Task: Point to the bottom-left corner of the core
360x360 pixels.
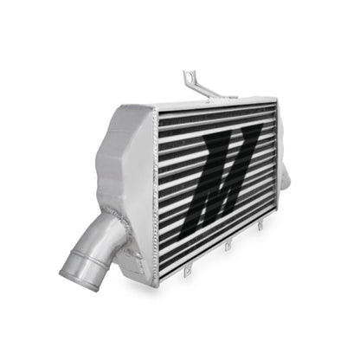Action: [161, 274]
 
